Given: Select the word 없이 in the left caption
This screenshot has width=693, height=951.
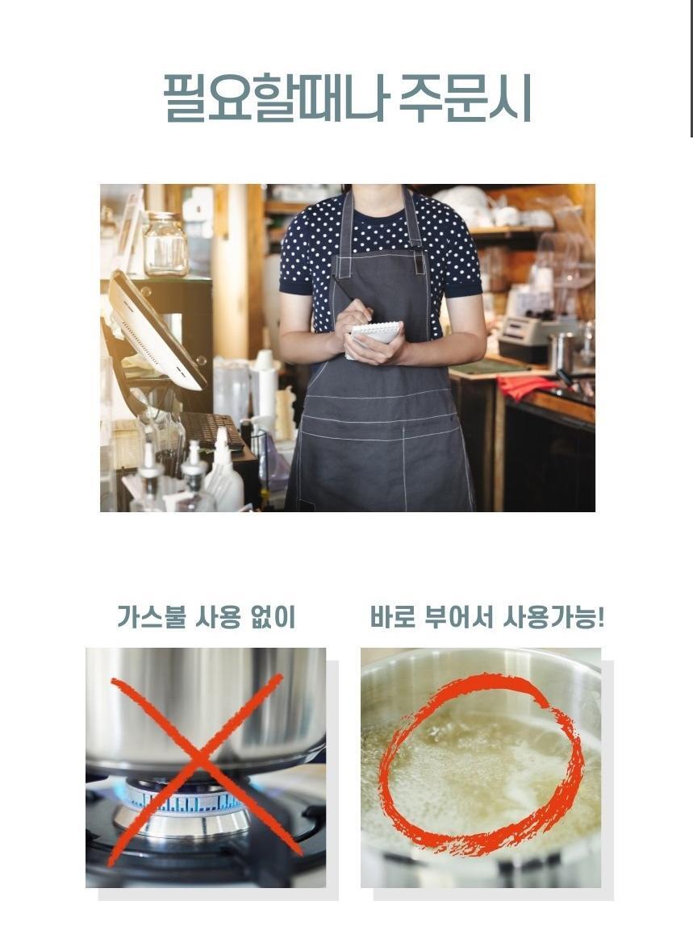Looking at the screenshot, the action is (273, 617).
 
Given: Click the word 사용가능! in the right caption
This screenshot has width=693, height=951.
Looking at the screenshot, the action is (554, 617).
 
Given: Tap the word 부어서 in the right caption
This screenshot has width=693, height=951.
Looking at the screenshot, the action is (459, 617).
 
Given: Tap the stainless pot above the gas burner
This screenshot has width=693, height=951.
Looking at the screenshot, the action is (205, 703).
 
